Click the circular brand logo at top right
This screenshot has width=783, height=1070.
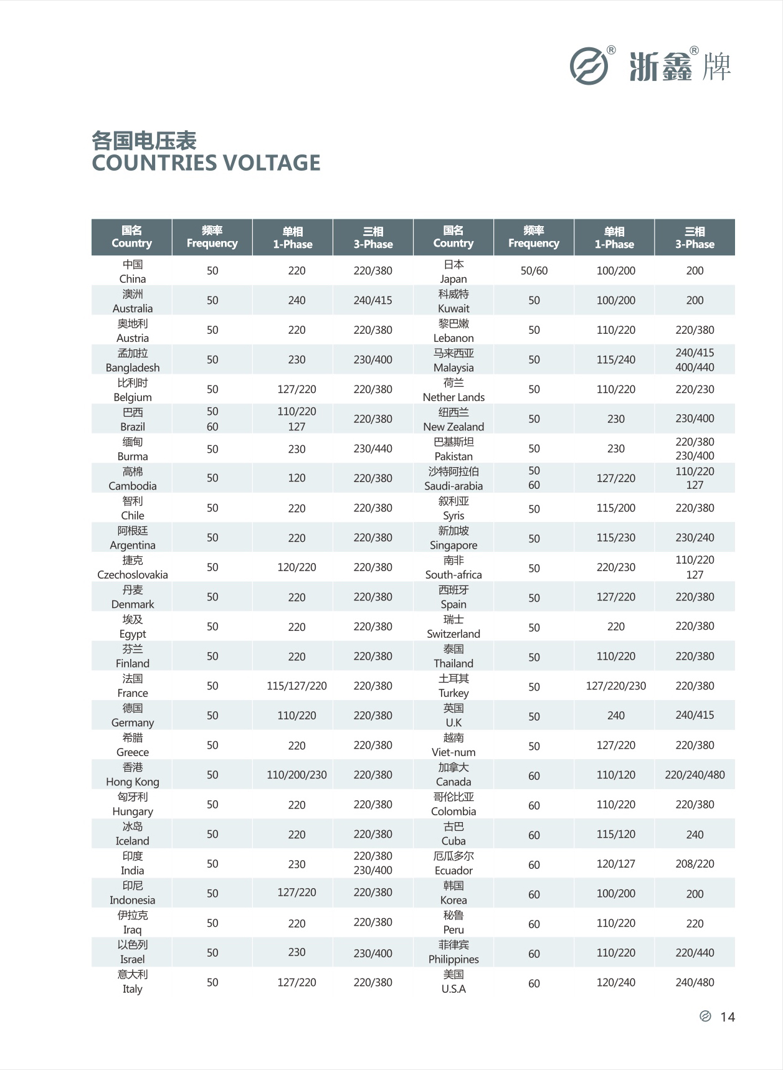589,65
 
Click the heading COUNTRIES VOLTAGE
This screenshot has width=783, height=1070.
206,163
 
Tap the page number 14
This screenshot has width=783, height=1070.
727,1017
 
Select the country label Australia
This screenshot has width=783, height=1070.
132,308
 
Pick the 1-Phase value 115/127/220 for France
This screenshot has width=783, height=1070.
297,686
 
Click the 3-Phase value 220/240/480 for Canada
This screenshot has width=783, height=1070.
695,775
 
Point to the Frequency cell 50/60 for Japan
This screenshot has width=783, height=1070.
534,270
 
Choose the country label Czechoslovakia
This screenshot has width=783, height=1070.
132,574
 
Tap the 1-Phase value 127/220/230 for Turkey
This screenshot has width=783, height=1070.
615,686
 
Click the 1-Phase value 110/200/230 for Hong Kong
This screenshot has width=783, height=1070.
297,775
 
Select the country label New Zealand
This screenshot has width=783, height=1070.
453,427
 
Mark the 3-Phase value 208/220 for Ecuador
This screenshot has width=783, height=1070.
695,864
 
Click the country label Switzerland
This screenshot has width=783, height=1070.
453,633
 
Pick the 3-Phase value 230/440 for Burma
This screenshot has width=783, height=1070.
373,448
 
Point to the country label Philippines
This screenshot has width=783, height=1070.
453,959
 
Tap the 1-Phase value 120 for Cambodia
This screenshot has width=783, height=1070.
297,478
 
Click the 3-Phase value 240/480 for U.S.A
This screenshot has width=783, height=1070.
695,982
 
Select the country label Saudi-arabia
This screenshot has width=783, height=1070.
453,486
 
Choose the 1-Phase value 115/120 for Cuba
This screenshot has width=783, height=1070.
615,834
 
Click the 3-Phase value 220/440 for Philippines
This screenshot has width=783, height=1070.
695,952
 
